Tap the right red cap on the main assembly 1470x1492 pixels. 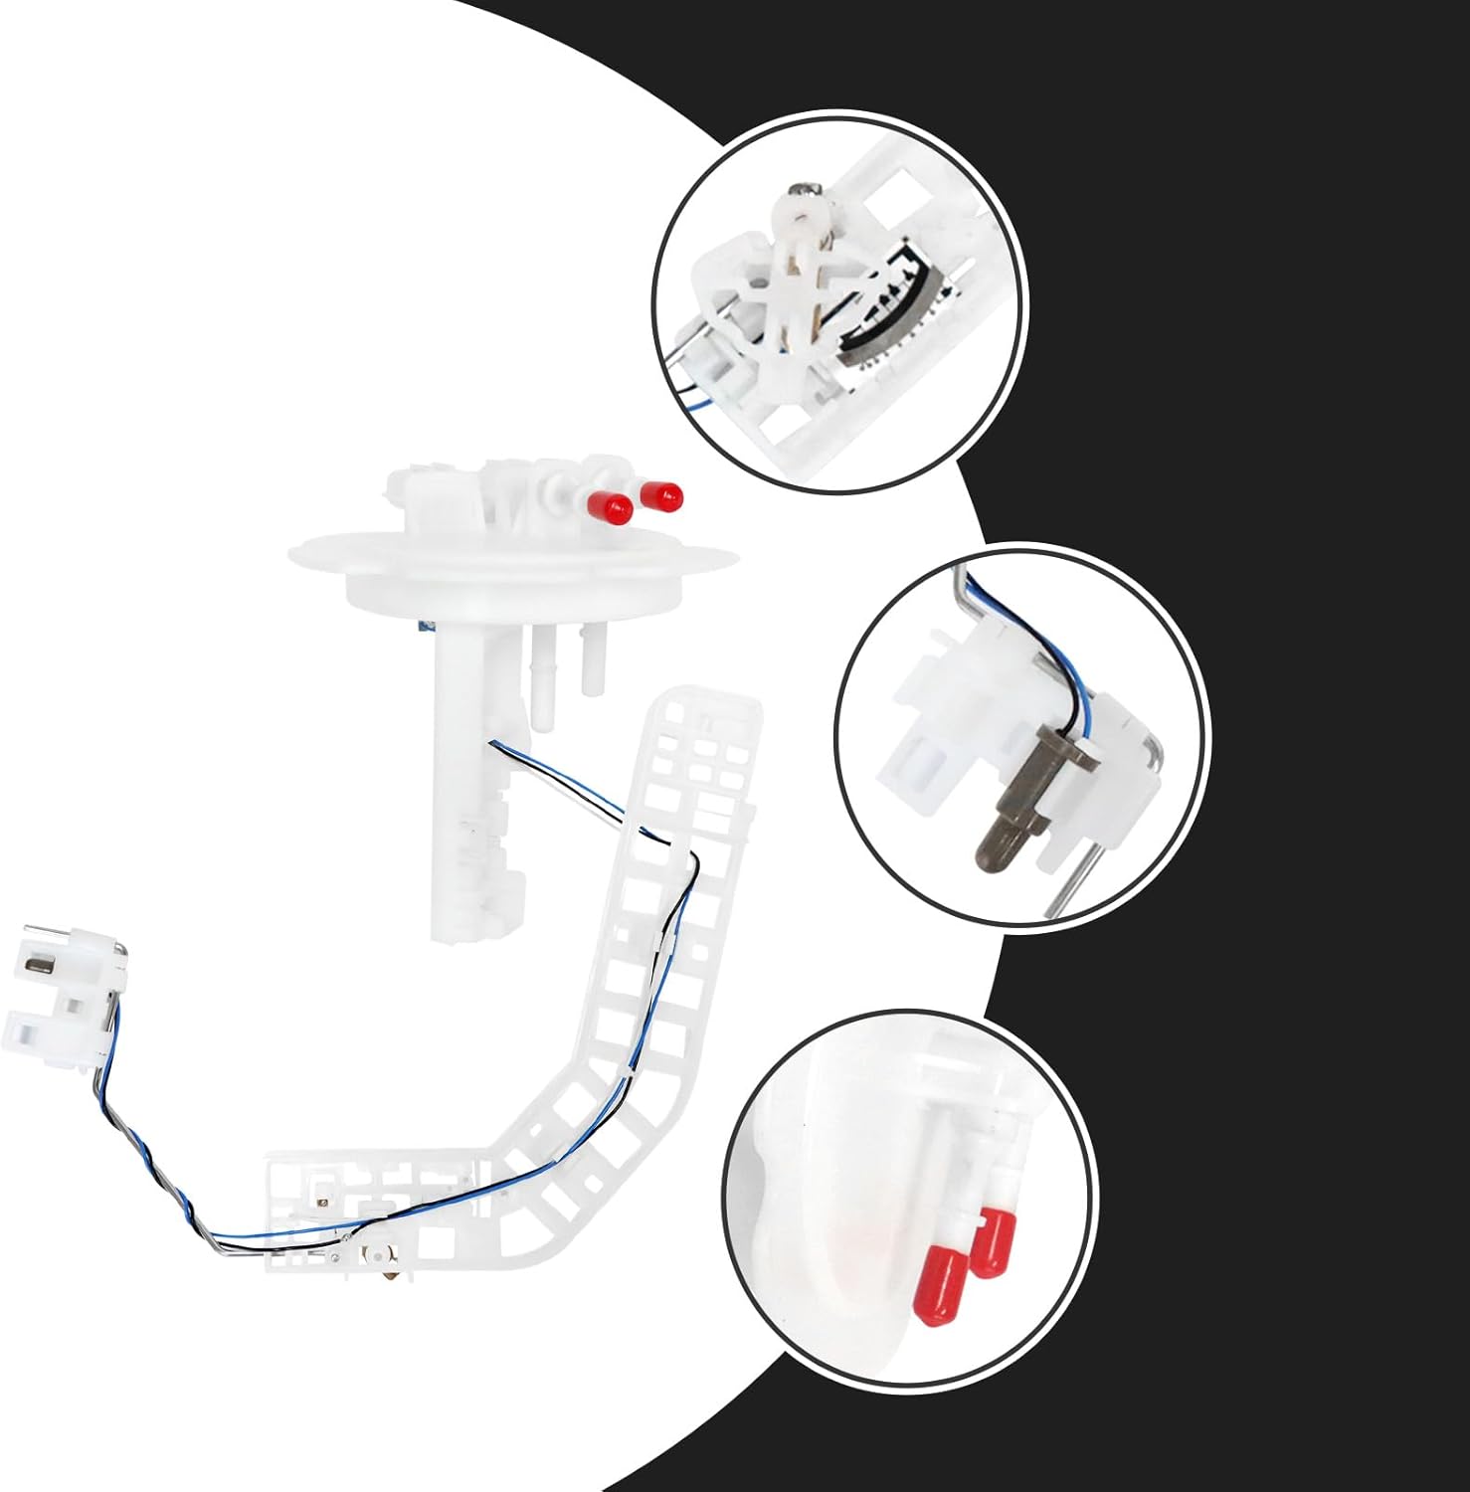662,494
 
